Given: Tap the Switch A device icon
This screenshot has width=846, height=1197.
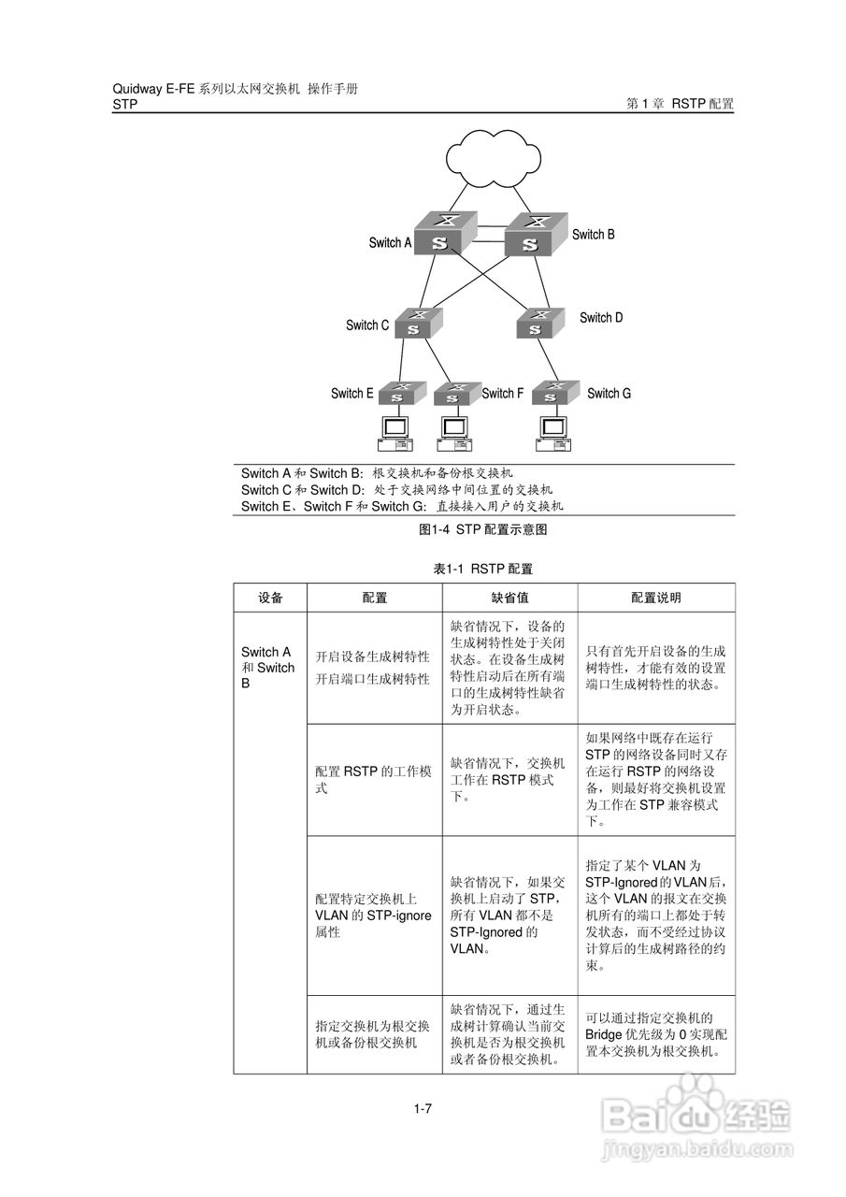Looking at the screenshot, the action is (444, 233).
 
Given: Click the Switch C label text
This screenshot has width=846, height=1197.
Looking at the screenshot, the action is (366, 325).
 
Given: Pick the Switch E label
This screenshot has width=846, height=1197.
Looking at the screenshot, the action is (351, 394).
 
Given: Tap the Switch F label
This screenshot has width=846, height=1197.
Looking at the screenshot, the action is (502, 394).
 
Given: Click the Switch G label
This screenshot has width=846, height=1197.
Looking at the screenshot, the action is (609, 394).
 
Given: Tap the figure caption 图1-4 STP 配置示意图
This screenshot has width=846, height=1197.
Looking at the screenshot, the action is (482, 529).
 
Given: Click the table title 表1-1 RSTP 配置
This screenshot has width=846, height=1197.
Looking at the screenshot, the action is (483, 569).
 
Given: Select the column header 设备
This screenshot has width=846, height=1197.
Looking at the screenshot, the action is (270, 598).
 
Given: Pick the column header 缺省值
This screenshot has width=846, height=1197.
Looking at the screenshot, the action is (509, 598).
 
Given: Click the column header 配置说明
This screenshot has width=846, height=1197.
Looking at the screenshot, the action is (655, 598).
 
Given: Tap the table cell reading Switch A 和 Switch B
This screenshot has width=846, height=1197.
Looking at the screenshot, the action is (268, 668).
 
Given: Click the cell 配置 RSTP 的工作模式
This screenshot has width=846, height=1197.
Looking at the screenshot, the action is (373, 780).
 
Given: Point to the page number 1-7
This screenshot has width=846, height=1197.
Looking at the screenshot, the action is (423, 1109).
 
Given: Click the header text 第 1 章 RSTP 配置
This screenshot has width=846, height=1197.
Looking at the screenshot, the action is (680, 105).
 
